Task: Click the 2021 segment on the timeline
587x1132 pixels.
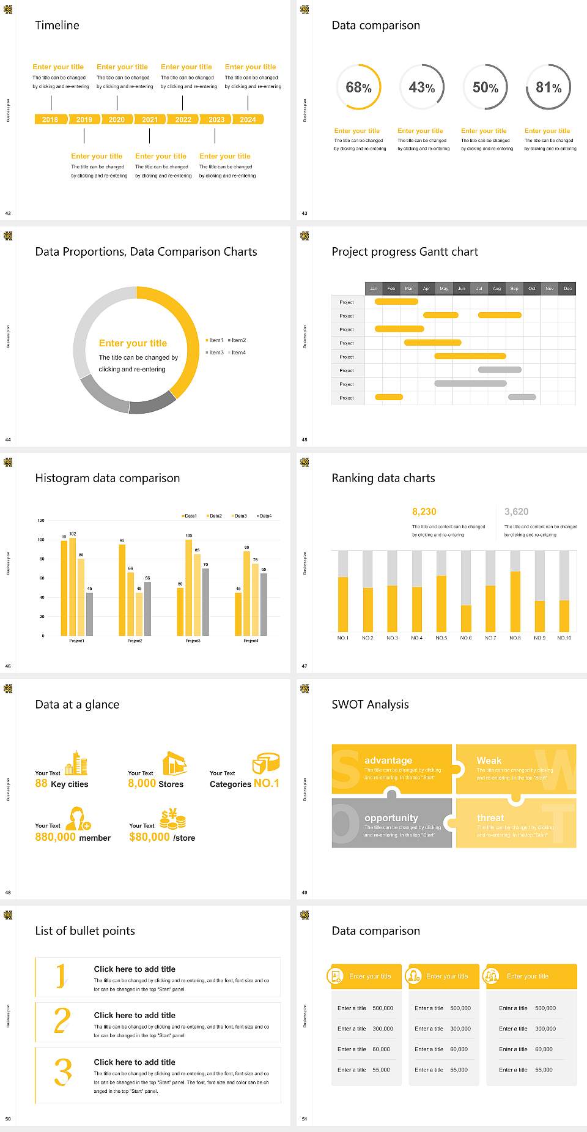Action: (x=150, y=119)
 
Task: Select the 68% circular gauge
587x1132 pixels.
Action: (x=358, y=87)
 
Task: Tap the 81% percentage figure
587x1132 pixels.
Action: (x=548, y=88)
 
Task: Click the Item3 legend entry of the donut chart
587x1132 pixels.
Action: (x=215, y=352)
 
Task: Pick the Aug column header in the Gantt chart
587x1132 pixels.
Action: (x=497, y=288)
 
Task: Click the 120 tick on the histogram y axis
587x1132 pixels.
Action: (x=41, y=521)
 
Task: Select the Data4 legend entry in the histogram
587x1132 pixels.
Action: (x=264, y=516)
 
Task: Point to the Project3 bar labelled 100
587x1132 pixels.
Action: (x=189, y=587)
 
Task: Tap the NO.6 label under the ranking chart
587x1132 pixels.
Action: (x=466, y=638)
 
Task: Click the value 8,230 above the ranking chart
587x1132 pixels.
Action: (x=424, y=512)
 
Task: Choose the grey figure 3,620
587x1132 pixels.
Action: (x=517, y=512)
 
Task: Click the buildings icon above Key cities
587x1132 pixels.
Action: (x=76, y=762)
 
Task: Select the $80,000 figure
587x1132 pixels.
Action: (x=149, y=837)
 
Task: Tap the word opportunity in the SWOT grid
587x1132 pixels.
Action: (x=391, y=817)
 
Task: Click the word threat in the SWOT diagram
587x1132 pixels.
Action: (x=490, y=817)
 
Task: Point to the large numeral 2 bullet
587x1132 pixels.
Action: (x=62, y=1021)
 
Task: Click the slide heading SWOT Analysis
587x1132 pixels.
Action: (x=370, y=704)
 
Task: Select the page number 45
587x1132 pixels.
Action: (x=305, y=439)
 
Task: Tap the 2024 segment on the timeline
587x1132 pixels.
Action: (x=248, y=119)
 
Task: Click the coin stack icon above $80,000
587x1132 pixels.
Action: (x=172, y=819)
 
